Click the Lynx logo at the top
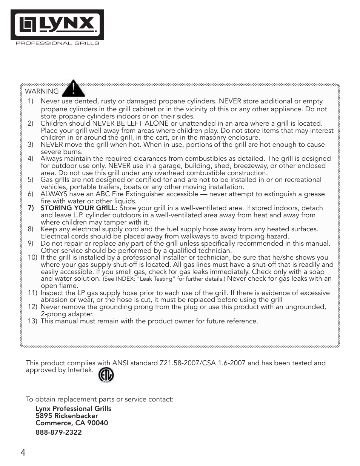point(57,25)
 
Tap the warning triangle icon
point(73,89)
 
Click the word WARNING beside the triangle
point(42,91)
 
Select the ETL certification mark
point(106,375)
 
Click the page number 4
point(23,453)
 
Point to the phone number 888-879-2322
point(58,432)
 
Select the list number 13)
point(32,321)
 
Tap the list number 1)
point(31,101)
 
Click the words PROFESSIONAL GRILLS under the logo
point(57,43)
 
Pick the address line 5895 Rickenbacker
point(67,416)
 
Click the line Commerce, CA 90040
point(72,423)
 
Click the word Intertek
point(80,370)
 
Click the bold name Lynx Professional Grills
point(73,409)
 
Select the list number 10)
point(32,257)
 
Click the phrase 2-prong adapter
point(67,314)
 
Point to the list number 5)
point(31,180)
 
